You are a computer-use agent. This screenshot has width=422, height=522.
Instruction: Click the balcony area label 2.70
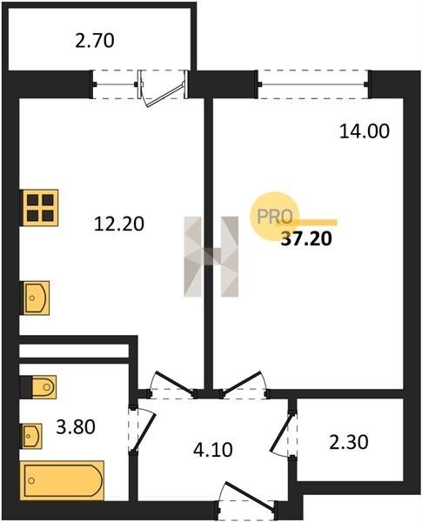tap(95, 41)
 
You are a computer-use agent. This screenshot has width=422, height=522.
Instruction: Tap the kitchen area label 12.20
tap(119, 224)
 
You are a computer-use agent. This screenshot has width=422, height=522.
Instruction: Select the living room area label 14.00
tap(365, 131)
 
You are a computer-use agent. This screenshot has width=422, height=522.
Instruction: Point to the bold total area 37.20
tap(306, 238)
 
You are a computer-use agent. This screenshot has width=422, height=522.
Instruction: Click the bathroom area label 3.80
tap(76, 427)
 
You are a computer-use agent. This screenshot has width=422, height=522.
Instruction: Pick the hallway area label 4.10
tap(213, 450)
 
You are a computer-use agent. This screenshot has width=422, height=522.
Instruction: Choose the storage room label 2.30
tap(349, 443)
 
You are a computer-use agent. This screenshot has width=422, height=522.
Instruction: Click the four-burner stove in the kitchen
tap(39, 208)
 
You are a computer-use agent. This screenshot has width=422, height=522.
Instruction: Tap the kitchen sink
tap(35, 298)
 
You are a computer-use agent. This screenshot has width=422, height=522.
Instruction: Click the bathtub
tap(62, 480)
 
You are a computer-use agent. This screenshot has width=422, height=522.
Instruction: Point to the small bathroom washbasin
tap(31, 436)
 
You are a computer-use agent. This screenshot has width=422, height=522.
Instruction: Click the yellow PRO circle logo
tap(275, 216)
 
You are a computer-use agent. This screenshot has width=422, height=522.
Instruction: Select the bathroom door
tap(144, 431)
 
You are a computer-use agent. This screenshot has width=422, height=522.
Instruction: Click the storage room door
tap(284, 434)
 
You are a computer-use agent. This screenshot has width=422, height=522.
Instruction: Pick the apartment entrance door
tap(249, 496)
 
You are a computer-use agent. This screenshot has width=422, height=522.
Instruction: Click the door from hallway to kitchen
tap(172, 384)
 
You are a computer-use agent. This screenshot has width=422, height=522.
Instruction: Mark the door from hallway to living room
tap(244, 384)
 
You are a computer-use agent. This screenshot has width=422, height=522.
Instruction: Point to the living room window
tap(313, 84)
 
